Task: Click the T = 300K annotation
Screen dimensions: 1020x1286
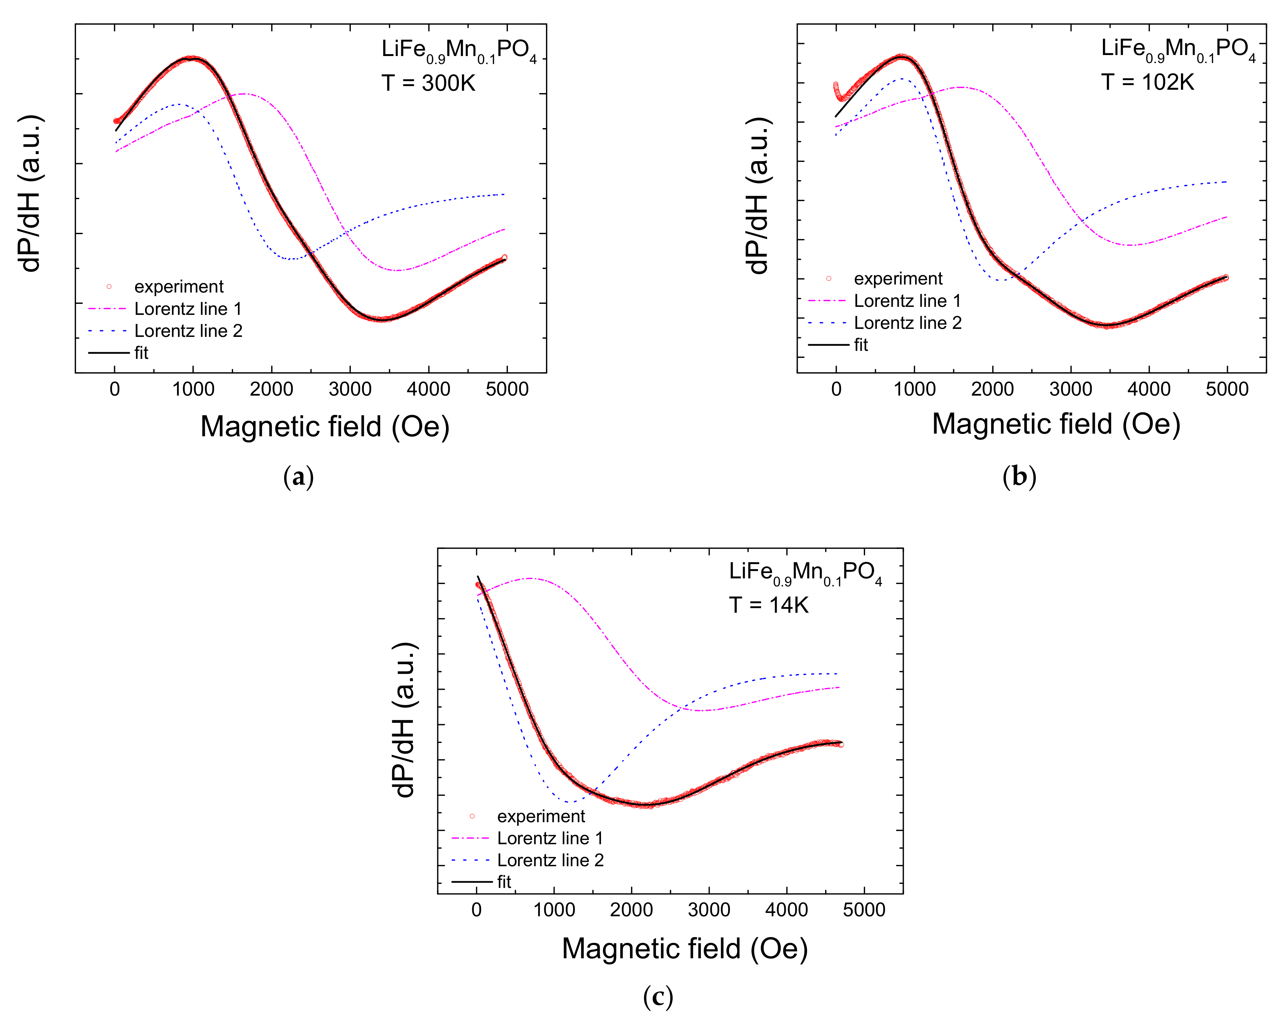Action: point(428,83)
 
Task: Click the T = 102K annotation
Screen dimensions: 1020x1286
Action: point(1148,82)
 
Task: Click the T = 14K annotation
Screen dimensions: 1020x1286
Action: point(768,605)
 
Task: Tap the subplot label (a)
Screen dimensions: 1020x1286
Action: point(298,477)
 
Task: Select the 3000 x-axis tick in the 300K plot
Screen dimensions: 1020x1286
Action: point(350,390)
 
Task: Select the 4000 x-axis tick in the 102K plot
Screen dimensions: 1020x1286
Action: point(1149,390)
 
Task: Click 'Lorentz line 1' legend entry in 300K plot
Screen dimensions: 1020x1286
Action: point(187,309)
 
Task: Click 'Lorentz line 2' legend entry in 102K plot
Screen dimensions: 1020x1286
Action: point(907,323)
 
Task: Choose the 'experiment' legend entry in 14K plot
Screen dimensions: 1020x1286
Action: point(540,816)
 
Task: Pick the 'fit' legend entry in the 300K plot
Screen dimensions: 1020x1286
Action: point(141,353)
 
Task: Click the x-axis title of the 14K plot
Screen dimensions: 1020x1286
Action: point(684,948)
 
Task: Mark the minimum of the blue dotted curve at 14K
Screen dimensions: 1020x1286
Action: point(570,802)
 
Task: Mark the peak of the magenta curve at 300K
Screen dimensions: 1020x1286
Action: point(243,94)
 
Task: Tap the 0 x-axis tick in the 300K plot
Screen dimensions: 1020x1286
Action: point(115,390)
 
